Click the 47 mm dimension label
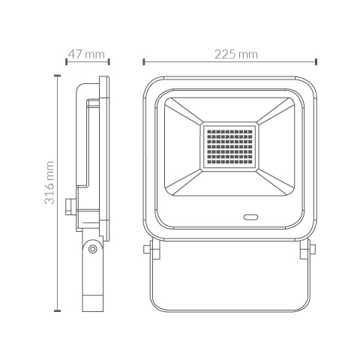tap(86, 54)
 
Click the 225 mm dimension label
tap(236, 54)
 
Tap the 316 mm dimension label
tap(49, 183)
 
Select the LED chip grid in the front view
tap(229, 146)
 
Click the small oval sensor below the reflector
tap(250, 217)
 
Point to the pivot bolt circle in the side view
tap(93, 249)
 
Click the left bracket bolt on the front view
tap(147, 249)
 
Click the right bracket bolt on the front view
tap(312, 249)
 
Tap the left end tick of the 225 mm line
tap(144, 61)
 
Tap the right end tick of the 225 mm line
tap(316, 61)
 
